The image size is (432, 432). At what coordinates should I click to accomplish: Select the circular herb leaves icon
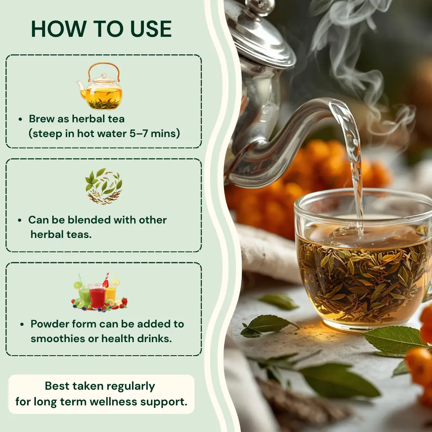click(104, 186)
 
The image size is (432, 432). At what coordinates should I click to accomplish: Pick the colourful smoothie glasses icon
click(100, 292)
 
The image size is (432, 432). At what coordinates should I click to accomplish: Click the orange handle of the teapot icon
click(104, 68)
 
